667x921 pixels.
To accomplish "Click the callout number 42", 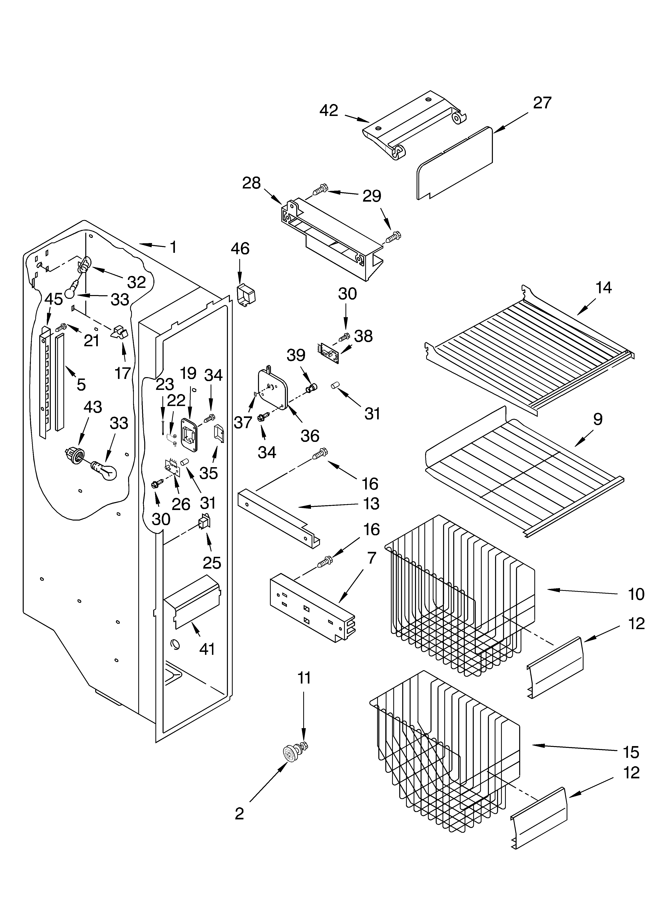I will click(x=329, y=110).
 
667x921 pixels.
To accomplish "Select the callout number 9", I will click(x=597, y=419).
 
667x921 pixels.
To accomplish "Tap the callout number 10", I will click(x=636, y=594).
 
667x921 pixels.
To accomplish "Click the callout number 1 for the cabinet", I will click(x=173, y=247).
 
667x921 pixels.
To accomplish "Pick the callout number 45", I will click(x=54, y=299).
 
